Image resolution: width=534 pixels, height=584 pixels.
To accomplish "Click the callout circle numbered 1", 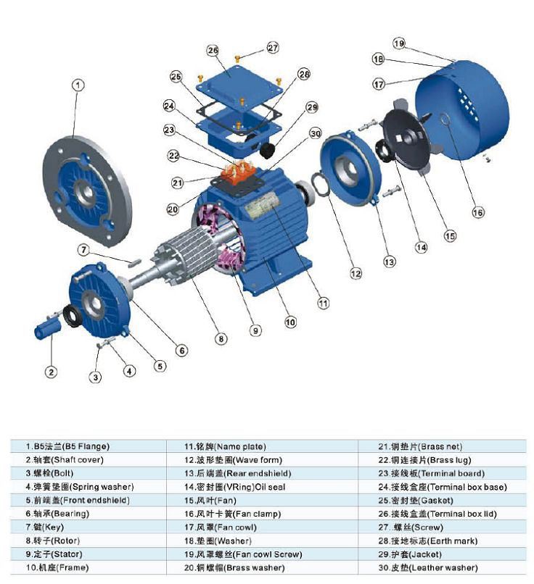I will pos(78,85).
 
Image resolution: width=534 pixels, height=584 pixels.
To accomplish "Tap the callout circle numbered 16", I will pos(477,212).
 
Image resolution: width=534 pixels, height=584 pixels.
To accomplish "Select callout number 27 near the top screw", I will pos(272,48).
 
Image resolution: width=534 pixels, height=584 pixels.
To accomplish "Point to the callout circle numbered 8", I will pos(221,338).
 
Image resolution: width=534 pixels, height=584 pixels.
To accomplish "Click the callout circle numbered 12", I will pos(356,274).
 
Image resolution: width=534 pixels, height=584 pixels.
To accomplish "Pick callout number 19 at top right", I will pos(398,43).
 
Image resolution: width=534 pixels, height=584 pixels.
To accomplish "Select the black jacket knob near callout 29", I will pos(268,149).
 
